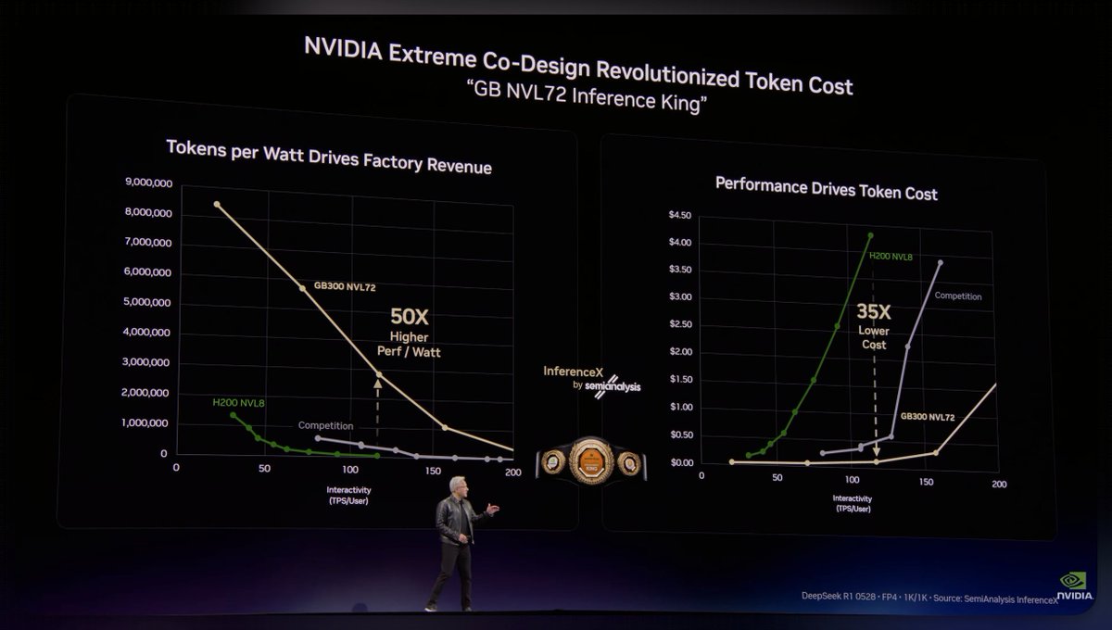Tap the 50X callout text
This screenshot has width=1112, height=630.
[409, 317]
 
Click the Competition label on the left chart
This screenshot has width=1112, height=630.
[325, 425]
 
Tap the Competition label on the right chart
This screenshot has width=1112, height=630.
[957, 296]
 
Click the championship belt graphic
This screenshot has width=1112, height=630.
[590, 460]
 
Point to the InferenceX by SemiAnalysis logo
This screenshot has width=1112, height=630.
[592, 378]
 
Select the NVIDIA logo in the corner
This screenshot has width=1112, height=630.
[1075, 586]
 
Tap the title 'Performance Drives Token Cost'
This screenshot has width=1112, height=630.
[826, 188]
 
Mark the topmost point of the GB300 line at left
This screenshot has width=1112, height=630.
[217, 204]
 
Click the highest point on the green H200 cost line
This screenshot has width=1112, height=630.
[870, 235]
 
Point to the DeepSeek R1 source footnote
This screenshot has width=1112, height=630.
[929, 598]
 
